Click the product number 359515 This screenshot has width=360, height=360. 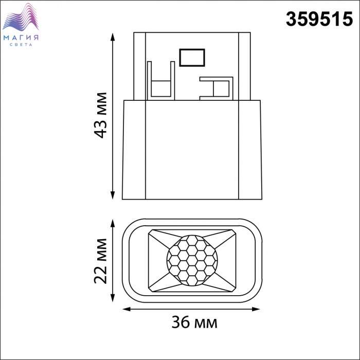[319, 19]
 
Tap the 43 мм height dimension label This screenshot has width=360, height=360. [101, 115]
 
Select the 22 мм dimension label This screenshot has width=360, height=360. [101, 261]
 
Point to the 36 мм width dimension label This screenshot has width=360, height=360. [194, 322]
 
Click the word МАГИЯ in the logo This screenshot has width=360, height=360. [21, 38]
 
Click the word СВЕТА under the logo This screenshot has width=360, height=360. [21, 45]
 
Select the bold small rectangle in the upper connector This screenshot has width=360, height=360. [192, 58]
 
